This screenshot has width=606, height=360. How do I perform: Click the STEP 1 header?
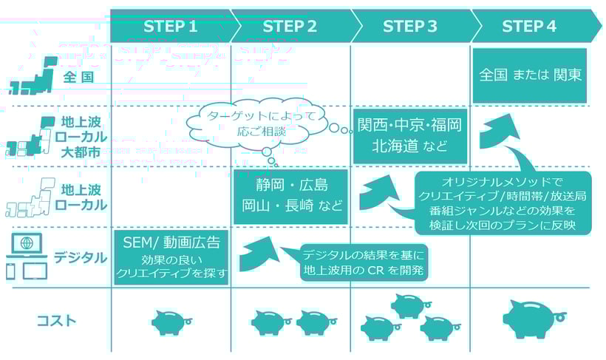(171, 27)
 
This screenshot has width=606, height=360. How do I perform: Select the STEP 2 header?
(290, 27)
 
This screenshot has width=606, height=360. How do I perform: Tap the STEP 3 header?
(410, 27)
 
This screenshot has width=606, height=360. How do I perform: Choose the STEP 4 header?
(529, 27)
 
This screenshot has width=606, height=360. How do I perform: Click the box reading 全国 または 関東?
(529, 75)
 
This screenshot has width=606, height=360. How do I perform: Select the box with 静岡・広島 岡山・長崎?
(290, 196)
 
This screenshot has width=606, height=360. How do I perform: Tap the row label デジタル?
(80, 258)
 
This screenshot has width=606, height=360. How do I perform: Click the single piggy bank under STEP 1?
(171, 321)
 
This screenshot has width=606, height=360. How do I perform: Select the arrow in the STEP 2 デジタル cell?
(259, 251)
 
